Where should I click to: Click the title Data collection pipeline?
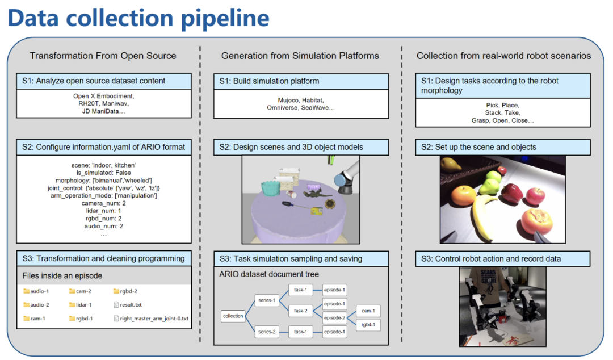pos(138,18)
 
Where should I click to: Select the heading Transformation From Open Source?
pos(103,56)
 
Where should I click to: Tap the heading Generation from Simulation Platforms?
pos(300,56)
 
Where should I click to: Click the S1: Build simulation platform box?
pos(301,81)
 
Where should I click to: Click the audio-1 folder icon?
pos(26,291)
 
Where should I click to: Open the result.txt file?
pos(131,305)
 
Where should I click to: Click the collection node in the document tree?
pos(233,316)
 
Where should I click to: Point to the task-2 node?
pos(301,311)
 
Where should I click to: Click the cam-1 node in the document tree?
pos(368,311)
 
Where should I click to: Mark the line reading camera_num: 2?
pos(104,202)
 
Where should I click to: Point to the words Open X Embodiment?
pos(104,96)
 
